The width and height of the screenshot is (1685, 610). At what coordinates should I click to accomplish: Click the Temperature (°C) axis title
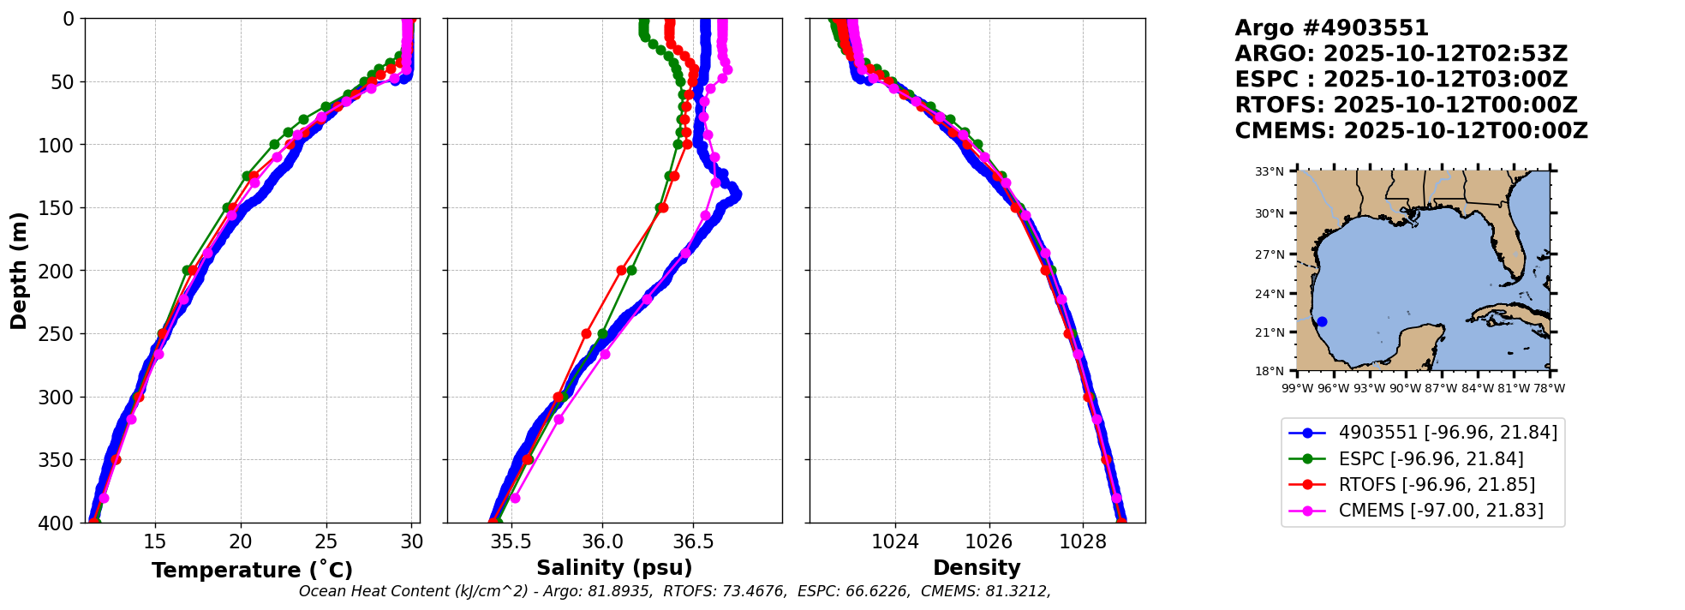[x=252, y=571]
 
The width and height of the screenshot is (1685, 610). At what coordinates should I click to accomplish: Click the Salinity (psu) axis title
[x=614, y=568]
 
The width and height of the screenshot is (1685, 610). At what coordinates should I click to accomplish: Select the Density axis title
[x=977, y=568]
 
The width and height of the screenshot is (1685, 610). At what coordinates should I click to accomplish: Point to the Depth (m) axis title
[x=19, y=270]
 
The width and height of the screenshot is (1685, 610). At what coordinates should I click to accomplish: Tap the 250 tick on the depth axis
[x=63, y=334]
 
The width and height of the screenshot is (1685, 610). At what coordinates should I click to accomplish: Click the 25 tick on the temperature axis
[x=326, y=542]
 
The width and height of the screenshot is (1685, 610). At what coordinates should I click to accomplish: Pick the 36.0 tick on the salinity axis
[x=602, y=542]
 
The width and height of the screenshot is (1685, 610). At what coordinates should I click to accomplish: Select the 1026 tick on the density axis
[x=989, y=542]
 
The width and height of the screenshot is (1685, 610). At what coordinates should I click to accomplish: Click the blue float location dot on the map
[x=1322, y=322]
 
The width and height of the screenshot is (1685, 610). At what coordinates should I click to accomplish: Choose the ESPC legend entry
[x=1431, y=459]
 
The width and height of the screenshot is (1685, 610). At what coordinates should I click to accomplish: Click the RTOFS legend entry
[x=1437, y=485]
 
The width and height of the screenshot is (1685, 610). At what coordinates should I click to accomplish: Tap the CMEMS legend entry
[x=1441, y=511]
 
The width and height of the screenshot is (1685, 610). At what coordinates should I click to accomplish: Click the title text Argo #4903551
[x=1331, y=28]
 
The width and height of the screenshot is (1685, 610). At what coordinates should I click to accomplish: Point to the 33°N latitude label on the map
[x=1270, y=172]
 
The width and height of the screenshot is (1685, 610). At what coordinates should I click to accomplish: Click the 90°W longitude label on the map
[x=1405, y=388]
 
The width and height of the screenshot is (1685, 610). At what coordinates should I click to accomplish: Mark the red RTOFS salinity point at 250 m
[x=586, y=334]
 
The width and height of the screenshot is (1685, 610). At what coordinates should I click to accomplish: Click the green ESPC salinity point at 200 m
[x=631, y=270]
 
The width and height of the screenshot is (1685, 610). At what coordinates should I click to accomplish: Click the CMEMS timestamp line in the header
[x=1411, y=131]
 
